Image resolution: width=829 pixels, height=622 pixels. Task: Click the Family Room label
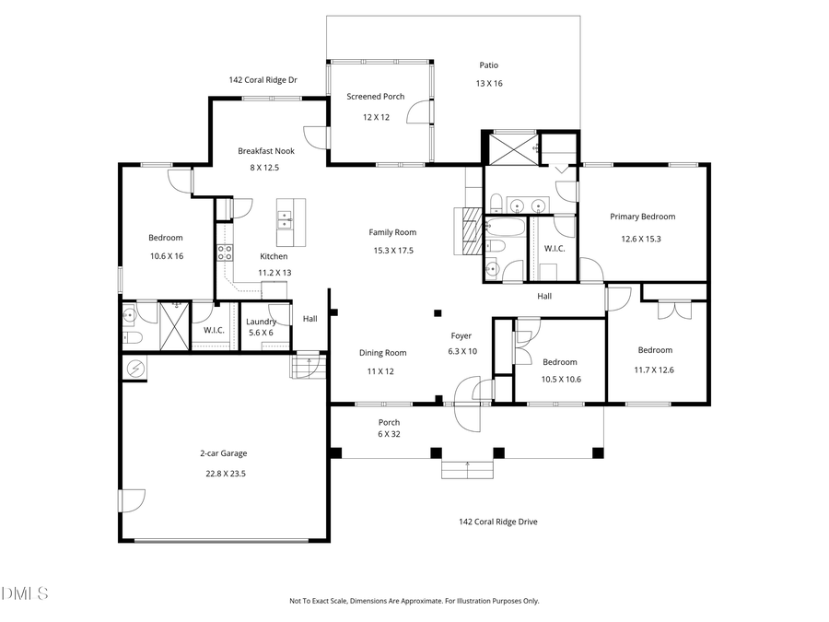[392, 232]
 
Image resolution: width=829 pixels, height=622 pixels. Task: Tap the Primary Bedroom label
[642, 217]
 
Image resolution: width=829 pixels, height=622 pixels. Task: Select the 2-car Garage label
[224, 453]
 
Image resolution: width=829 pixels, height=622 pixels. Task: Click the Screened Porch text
[375, 97]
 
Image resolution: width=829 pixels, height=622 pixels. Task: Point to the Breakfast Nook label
[265, 151]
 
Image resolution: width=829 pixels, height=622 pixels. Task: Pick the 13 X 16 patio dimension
[489, 84]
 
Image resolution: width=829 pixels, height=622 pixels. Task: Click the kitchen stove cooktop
[224, 252]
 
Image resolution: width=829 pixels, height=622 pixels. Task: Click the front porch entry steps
[468, 469]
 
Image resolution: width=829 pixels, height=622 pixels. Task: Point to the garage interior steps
[306, 367]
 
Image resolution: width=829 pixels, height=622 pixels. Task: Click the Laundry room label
[261, 321]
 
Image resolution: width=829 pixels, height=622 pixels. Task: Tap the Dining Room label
[382, 352]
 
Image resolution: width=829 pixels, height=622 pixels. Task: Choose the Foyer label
[461, 335]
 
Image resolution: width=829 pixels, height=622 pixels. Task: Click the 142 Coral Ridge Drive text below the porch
[497, 522]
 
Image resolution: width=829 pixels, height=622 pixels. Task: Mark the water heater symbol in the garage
[135, 368]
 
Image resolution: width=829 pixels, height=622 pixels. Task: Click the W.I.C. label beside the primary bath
[555, 248]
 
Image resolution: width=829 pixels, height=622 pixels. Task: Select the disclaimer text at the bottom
[414, 601]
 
